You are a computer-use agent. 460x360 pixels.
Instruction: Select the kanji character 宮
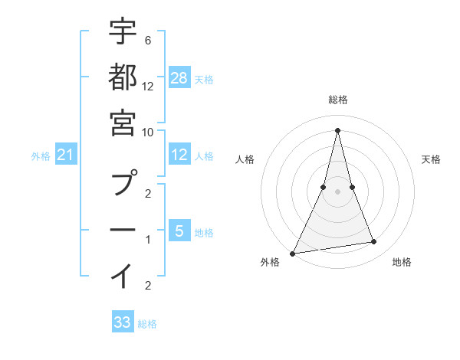tap(123, 123)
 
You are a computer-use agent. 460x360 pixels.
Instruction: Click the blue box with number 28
tap(179, 77)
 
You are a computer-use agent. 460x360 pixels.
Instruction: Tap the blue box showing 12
tap(179, 155)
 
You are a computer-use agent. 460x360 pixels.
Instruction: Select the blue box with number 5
tap(179, 231)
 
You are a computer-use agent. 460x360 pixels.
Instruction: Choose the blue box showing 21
tap(66, 155)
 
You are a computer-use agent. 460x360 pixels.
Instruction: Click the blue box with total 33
tap(123, 322)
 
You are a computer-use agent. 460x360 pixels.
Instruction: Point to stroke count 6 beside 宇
tap(147, 40)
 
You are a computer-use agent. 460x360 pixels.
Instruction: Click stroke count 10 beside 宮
tap(148, 132)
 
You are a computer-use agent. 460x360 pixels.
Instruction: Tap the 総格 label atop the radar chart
tap(338, 100)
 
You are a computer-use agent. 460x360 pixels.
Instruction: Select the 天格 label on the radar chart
tap(432, 159)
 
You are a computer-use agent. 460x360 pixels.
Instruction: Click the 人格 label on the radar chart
tap(245, 159)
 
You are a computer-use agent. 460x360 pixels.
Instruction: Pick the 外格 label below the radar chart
tap(270, 262)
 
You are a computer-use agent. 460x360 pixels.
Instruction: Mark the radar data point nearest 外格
tap(293, 253)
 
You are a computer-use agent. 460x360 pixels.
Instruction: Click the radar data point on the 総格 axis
tap(338, 129)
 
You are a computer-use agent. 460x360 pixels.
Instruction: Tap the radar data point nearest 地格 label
tap(374, 242)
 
